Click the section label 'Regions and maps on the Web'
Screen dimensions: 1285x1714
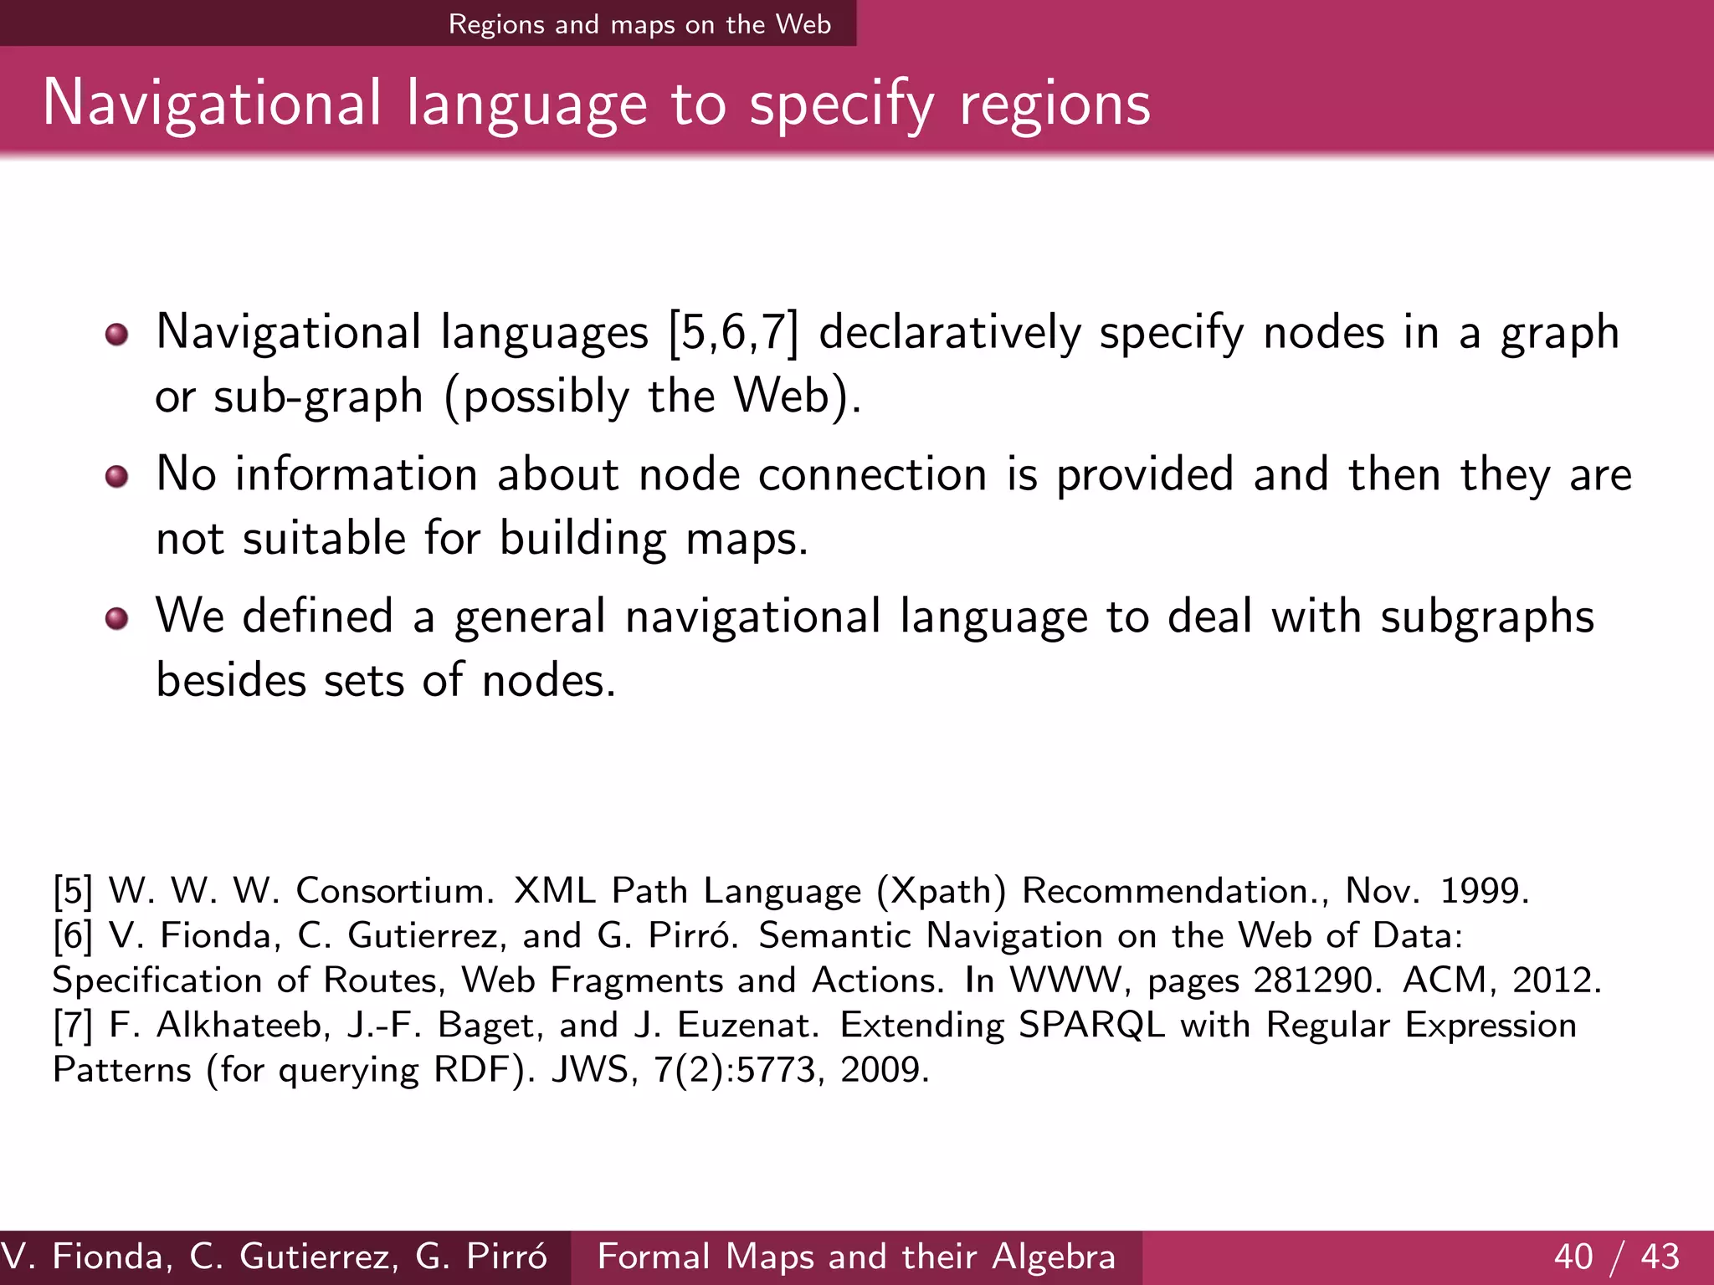click(639, 24)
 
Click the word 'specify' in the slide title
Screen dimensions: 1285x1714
click(841, 105)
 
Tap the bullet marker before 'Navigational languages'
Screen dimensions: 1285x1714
click(117, 335)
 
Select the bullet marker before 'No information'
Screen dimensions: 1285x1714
click(117, 477)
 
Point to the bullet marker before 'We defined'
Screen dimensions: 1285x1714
click(117, 619)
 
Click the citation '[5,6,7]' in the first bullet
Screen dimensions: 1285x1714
click(733, 333)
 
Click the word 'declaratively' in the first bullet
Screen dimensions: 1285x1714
click(949, 333)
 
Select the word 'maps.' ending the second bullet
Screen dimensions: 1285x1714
click(747, 539)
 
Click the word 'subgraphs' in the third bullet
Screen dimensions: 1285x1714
click(1486, 617)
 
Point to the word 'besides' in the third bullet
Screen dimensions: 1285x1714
click(231, 679)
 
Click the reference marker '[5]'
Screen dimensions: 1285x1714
click(72, 891)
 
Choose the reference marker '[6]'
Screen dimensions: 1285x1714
click(72, 935)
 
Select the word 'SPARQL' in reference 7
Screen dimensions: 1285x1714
click(1091, 1025)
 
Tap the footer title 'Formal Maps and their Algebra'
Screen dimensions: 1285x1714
click(856, 1257)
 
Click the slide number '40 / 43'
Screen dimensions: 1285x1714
click(1616, 1257)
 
